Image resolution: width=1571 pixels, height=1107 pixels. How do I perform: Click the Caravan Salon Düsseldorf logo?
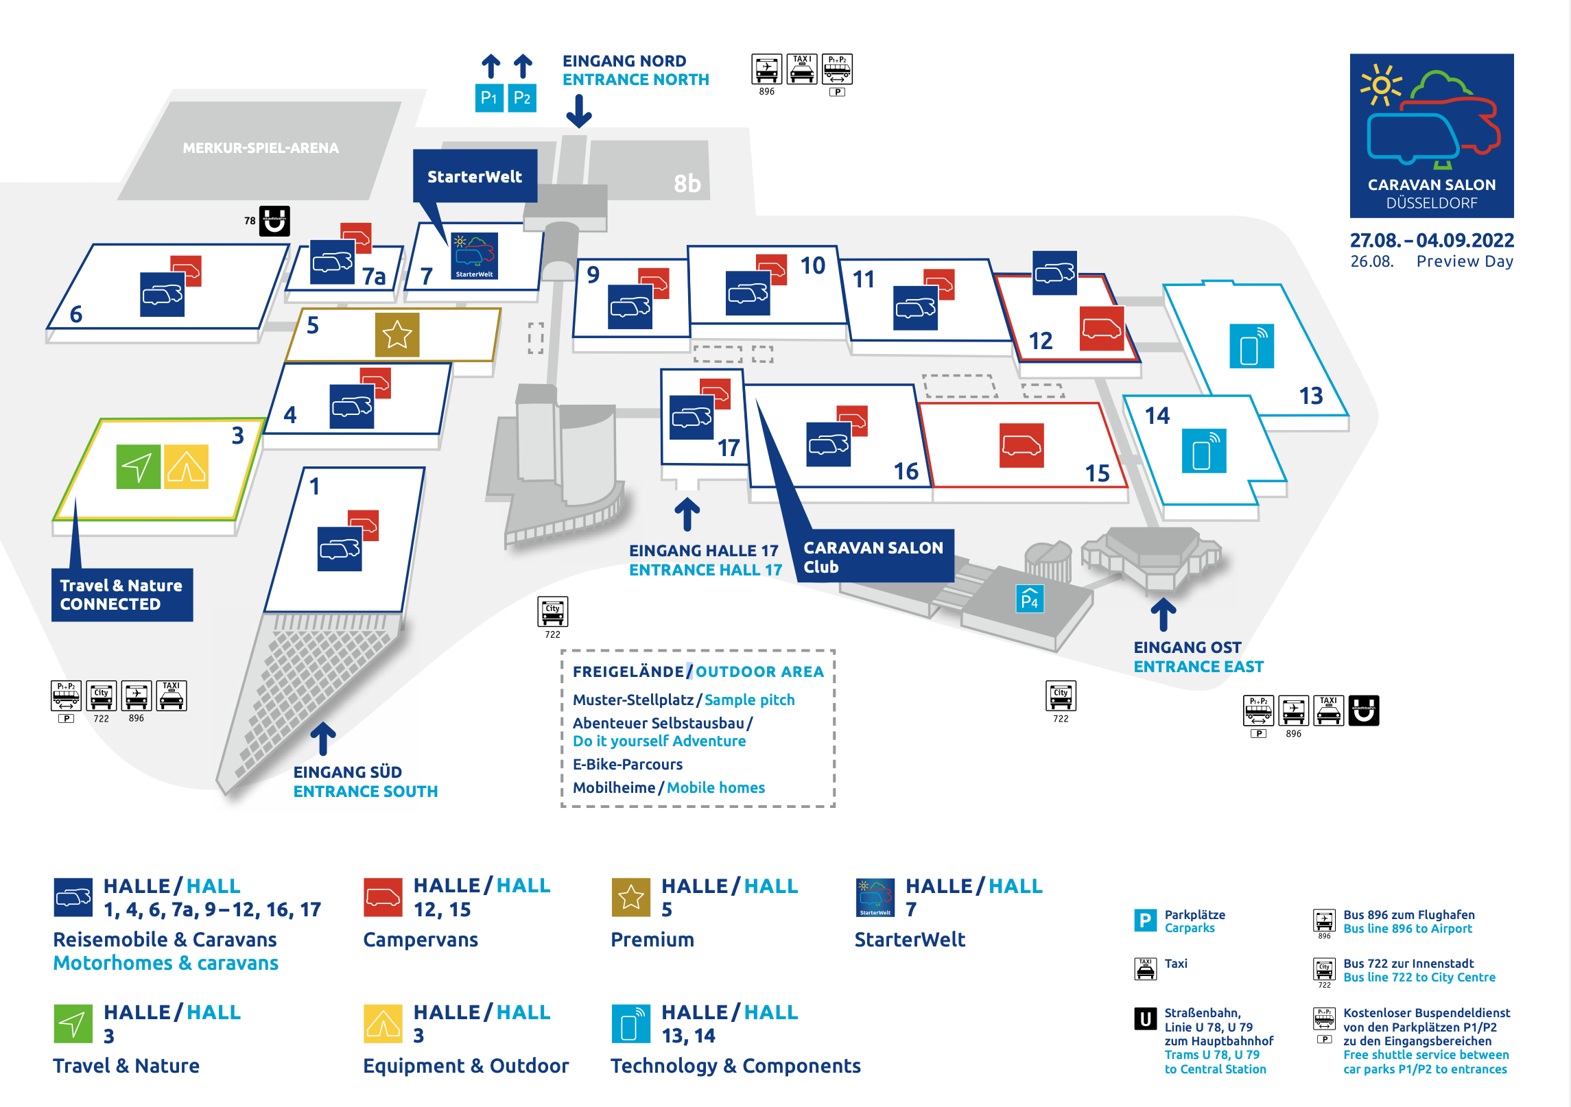point(1432,135)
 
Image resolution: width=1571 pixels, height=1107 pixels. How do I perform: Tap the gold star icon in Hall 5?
point(397,335)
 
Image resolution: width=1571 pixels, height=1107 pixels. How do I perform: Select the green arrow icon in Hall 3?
point(139,466)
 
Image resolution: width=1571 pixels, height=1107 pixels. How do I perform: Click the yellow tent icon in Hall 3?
point(186,466)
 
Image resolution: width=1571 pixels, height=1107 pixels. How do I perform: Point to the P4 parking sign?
point(1030,599)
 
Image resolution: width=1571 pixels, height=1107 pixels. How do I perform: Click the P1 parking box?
point(489,97)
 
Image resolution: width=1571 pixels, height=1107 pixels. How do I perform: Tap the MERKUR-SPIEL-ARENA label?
point(261,147)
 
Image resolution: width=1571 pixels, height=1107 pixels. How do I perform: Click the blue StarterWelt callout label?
point(475,176)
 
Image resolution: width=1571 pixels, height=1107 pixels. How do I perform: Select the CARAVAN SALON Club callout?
point(873,556)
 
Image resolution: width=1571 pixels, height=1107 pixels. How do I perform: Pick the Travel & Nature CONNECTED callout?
point(121,595)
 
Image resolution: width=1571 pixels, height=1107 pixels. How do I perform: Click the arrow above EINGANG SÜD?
point(323,739)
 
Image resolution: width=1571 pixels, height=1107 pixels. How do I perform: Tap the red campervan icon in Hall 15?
point(1021,446)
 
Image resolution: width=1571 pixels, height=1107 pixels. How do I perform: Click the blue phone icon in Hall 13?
point(1251,346)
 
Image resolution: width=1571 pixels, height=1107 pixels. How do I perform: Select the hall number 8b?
point(687,183)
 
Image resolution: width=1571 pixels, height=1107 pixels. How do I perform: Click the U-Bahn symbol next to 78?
point(274,221)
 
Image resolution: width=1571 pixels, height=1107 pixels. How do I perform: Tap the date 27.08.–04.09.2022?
point(1432,240)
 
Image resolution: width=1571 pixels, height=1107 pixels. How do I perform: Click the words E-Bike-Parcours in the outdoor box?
point(628,764)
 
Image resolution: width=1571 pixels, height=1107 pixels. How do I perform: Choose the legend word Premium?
point(652,939)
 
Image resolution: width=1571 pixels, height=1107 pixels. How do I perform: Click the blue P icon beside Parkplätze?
point(1145,920)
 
